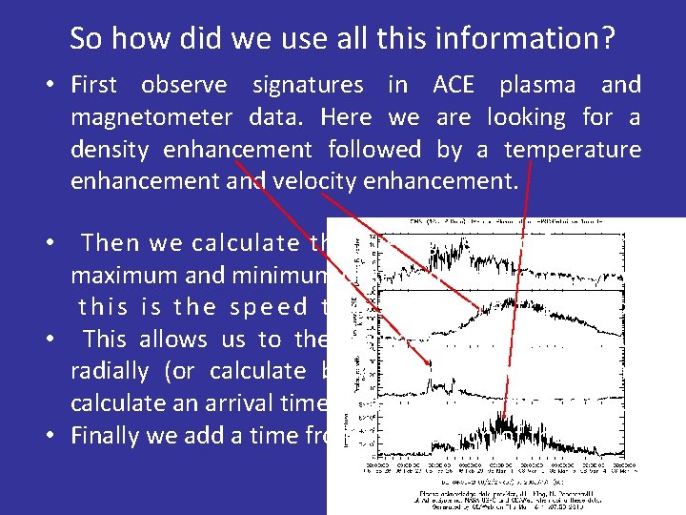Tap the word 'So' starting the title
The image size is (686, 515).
click(86, 39)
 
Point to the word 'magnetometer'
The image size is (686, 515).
click(151, 117)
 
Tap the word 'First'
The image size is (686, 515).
click(93, 85)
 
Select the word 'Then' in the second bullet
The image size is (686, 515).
click(108, 243)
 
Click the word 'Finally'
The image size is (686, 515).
click(105, 435)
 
